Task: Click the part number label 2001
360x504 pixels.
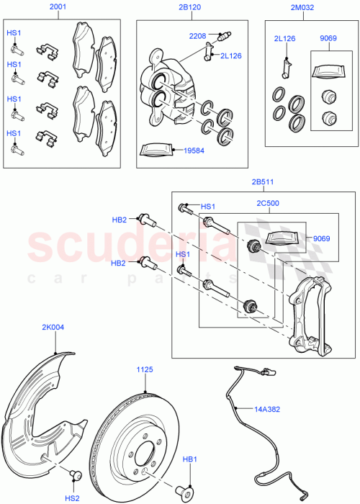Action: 58,8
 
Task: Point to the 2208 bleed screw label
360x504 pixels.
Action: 198,35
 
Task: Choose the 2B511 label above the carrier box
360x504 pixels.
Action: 263,183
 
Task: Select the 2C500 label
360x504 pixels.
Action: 268,204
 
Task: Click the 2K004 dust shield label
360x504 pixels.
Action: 53,328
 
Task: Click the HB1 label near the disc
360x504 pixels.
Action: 189,458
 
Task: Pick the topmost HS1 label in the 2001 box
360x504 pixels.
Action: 14,33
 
